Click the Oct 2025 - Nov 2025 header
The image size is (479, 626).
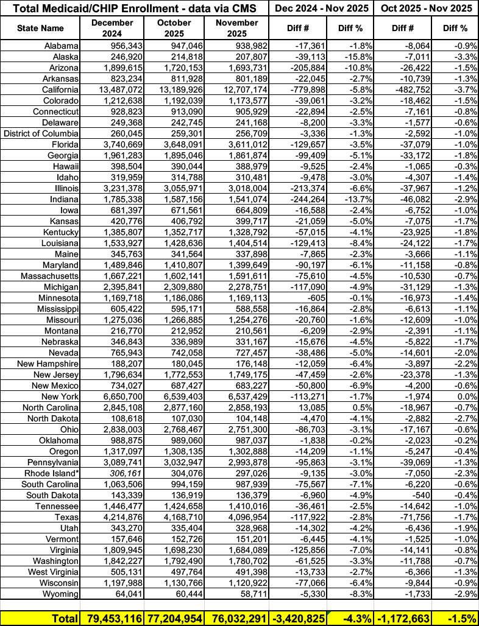426,8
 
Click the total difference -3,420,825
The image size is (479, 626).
300,617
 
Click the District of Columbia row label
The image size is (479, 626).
41,133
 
